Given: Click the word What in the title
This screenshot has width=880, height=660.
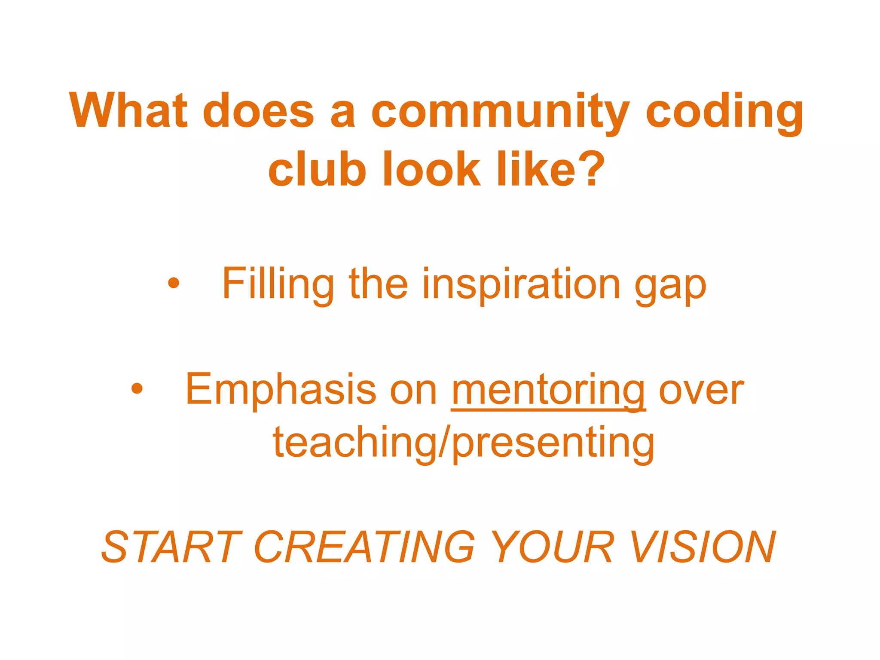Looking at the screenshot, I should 128,110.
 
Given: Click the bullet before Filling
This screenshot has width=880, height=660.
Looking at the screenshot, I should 174,283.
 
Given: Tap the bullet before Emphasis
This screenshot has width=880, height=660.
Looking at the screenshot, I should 137,389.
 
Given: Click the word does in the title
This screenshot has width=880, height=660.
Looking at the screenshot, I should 258,110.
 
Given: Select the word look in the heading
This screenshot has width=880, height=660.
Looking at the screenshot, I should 431,169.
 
